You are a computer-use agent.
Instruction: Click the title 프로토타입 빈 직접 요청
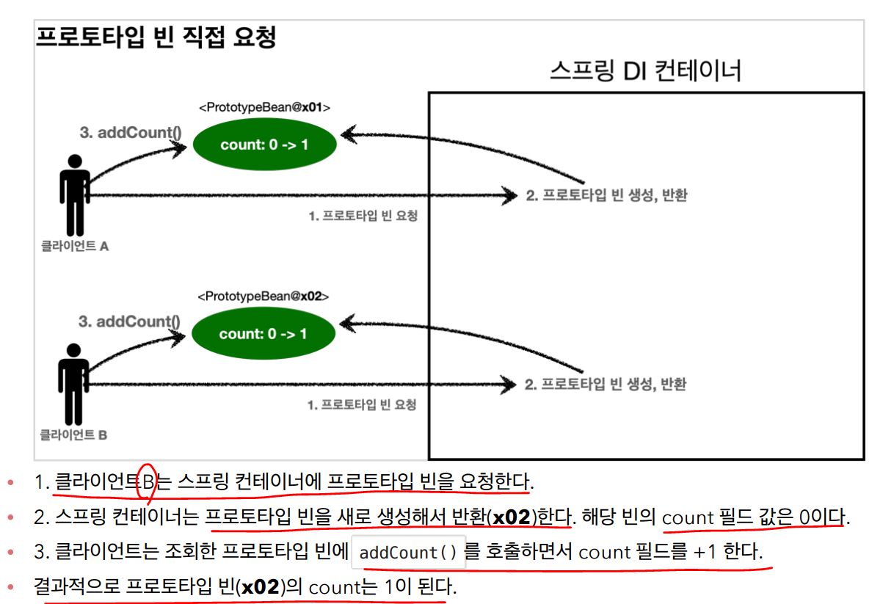pyautogui.click(x=156, y=37)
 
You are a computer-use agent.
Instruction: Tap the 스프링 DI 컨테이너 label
pyautogui.click(x=645, y=71)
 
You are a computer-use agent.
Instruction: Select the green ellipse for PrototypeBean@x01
pyautogui.click(x=264, y=145)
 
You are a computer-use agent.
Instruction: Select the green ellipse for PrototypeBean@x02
pyautogui.click(x=264, y=334)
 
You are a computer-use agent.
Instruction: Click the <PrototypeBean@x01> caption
pyautogui.click(x=264, y=107)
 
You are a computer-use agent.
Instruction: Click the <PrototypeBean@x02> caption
pyautogui.click(x=263, y=297)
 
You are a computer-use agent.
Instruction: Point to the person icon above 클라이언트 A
pyautogui.click(x=74, y=194)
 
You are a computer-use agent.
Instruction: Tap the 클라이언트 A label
pyautogui.click(x=75, y=247)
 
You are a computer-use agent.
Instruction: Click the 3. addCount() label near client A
pyautogui.click(x=131, y=134)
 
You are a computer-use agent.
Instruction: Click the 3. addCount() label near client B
pyautogui.click(x=129, y=321)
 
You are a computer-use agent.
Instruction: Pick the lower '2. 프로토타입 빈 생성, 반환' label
pyautogui.click(x=606, y=384)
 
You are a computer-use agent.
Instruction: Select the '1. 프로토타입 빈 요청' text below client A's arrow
pyautogui.click(x=362, y=217)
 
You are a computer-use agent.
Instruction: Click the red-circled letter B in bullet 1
pyautogui.click(x=148, y=482)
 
